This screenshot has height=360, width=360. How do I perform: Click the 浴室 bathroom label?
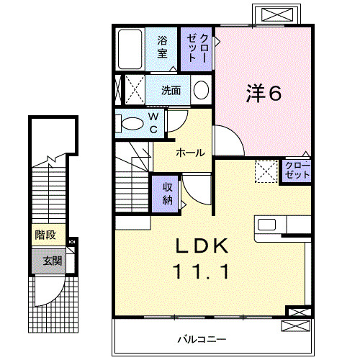click(x=162, y=47)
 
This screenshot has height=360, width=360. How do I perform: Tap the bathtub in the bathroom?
click(x=130, y=49)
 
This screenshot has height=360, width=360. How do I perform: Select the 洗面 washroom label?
click(x=171, y=91)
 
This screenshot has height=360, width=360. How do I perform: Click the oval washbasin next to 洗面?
click(x=201, y=90)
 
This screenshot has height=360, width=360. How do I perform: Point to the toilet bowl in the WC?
click(x=132, y=124)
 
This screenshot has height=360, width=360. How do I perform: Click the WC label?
click(x=153, y=123)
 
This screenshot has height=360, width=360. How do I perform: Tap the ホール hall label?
click(x=190, y=153)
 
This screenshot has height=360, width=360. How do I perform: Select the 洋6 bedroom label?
click(x=264, y=94)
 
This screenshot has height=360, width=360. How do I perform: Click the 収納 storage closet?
click(x=166, y=194)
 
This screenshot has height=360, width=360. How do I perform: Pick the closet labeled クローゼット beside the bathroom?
click(x=197, y=49)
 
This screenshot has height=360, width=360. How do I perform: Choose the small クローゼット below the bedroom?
click(x=297, y=171)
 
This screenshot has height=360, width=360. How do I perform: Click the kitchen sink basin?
click(x=266, y=225)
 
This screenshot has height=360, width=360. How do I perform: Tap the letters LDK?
click(x=202, y=246)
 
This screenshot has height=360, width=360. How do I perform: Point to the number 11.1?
click(x=202, y=271)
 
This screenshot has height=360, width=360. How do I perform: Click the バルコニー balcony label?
click(x=202, y=339)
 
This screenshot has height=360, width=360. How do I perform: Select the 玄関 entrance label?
click(x=53, y=261)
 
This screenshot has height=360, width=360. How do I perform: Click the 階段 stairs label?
click(x=45, y=235)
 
